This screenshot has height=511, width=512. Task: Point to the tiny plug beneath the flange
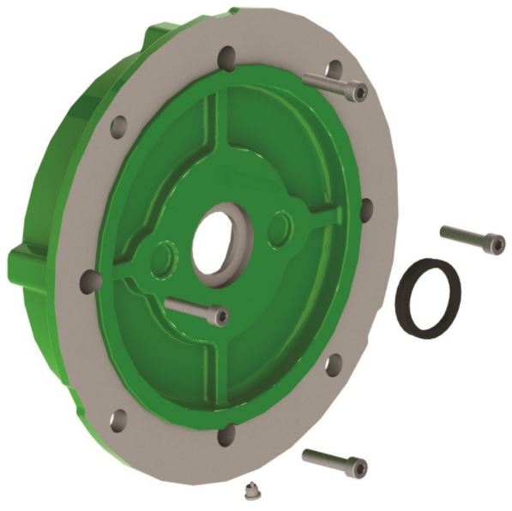tap(250, 491)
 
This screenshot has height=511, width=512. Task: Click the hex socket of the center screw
tap(221, 318)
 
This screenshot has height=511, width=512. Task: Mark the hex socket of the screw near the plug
tap(359, 468)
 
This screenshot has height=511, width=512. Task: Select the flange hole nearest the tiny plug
tap(226, 436)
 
